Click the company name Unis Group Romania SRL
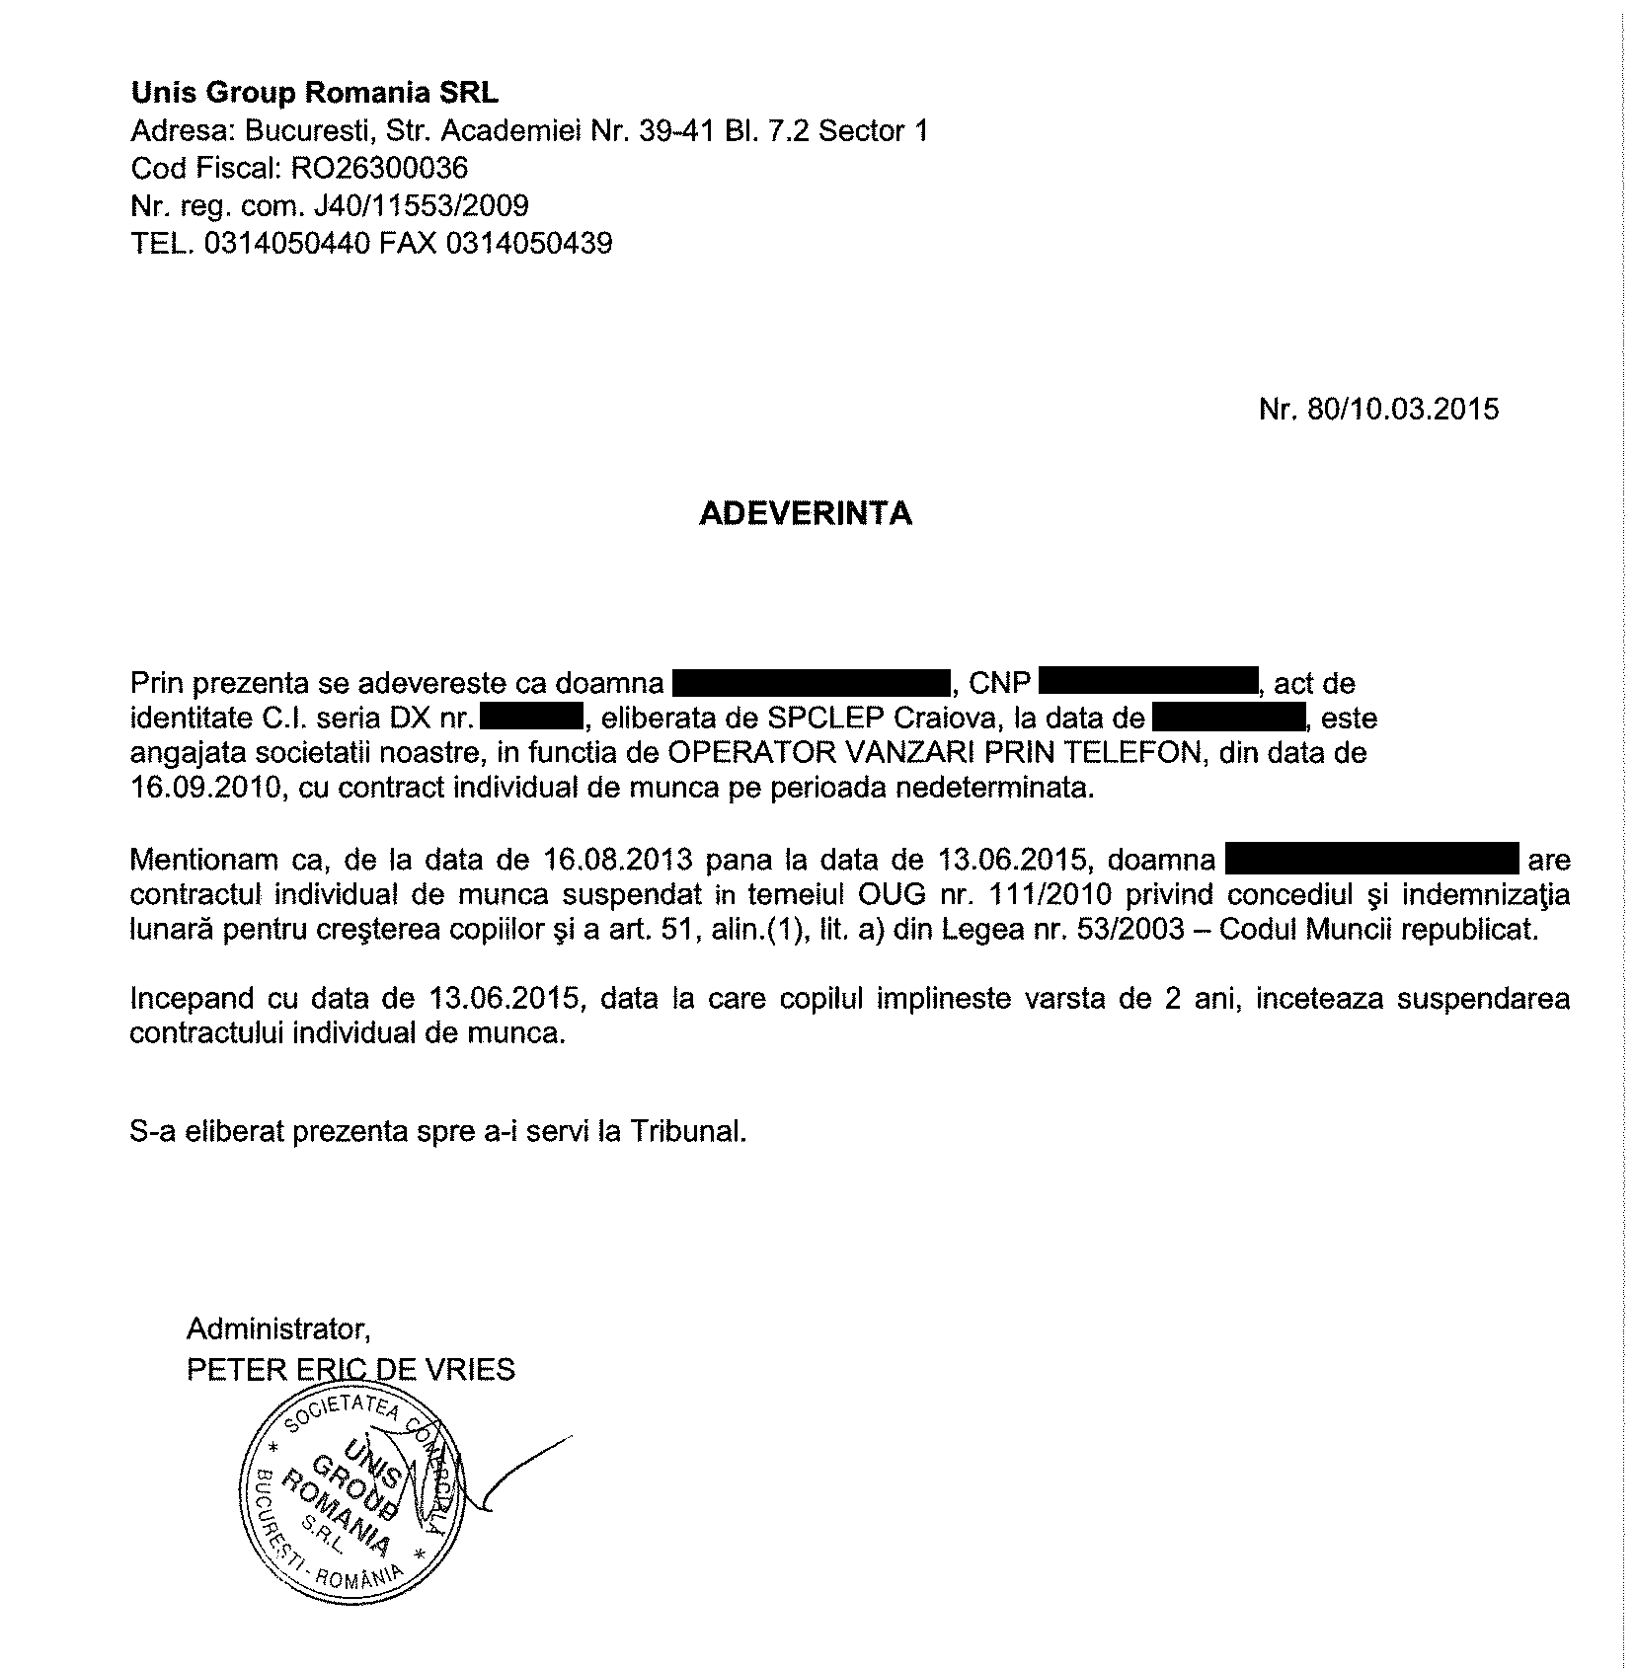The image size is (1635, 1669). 315,93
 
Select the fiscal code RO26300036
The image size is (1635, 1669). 379,168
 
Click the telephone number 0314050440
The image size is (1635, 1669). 287,243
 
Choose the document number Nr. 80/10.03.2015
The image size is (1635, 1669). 1378,409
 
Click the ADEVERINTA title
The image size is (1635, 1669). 806,514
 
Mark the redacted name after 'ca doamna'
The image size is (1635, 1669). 811,682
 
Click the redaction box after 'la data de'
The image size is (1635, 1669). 1229,718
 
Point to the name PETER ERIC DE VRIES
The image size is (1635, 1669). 350,1370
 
